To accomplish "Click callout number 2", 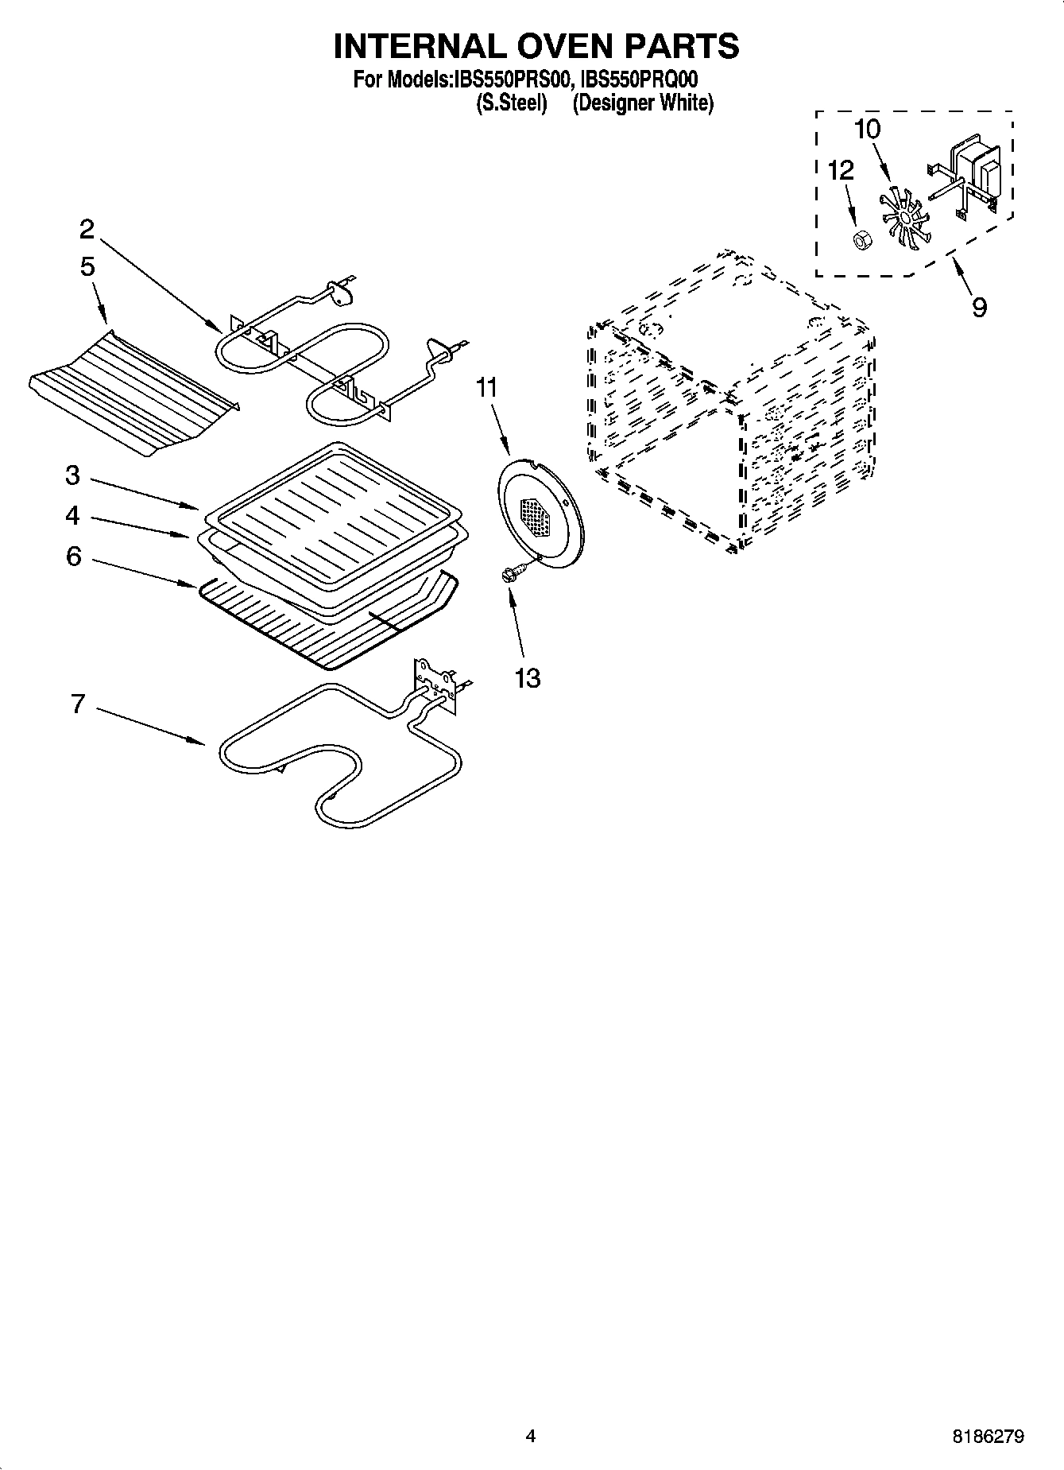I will (x=87, y=230).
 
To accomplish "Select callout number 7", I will (x=77, y=704).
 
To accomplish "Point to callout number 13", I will (x=528, y=677).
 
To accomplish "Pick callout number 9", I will (x=979, y=305).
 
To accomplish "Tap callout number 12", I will (x=841, y=170).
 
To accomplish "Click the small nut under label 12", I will (x=859, y=239).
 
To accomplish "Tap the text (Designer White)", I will (x=643, y=103).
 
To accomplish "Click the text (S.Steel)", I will (x=511, y=103).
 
